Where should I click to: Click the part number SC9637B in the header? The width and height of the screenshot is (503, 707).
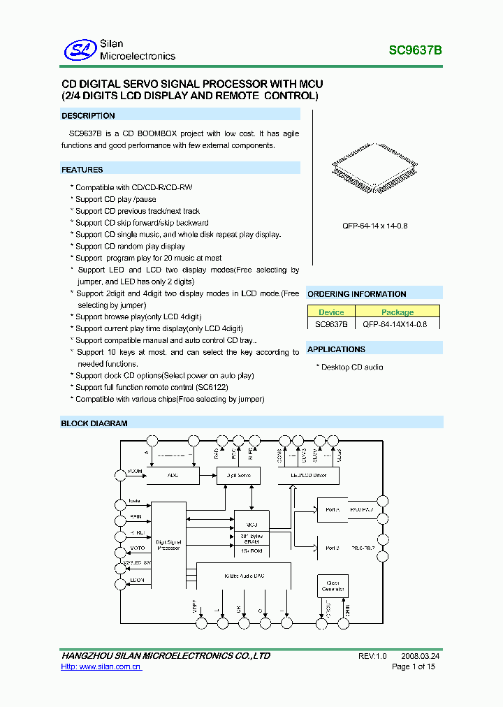(x=415, y=50)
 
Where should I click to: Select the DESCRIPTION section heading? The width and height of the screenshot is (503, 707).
(x=89, y=116)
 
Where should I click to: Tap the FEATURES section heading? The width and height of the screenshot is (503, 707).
(x=82, y=170)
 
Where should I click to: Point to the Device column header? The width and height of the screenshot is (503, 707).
(x=331, y=312)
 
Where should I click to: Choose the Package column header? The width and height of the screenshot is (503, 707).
(x=398, y=312)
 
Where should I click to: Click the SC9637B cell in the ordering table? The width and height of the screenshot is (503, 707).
(x=331, y=324)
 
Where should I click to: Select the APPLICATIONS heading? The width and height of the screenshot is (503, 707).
(x=336, y=349)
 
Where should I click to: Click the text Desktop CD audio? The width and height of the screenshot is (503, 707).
(x=351, y=367)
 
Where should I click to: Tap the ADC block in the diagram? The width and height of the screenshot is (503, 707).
(x=173, y=475)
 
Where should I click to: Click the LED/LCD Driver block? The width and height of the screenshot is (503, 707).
(x=307, y=475)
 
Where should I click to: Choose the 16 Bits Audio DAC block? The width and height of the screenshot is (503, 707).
(x=245, y=575)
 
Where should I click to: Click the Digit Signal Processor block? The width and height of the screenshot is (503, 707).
(x=168, y=544)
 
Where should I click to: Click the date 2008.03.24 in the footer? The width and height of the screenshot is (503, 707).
(x=421, y=656)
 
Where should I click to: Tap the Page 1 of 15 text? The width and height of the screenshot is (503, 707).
(x=414, y=667)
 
